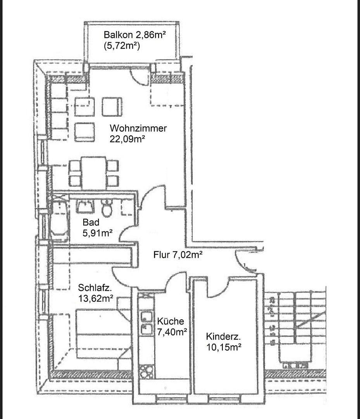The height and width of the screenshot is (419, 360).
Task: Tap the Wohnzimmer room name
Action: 138,128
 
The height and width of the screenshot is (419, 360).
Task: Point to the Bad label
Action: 91,222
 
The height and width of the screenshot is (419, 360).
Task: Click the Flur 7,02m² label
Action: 178,255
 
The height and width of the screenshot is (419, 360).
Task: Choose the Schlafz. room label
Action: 95,288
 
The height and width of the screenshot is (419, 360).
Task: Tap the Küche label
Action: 171,321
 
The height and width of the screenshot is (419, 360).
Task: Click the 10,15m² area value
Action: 224,347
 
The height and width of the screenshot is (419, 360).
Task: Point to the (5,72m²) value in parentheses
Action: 122,46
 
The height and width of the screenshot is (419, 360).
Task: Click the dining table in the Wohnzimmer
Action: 93,173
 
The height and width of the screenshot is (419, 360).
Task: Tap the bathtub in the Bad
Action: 59,219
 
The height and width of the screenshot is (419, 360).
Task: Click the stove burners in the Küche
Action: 146,371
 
